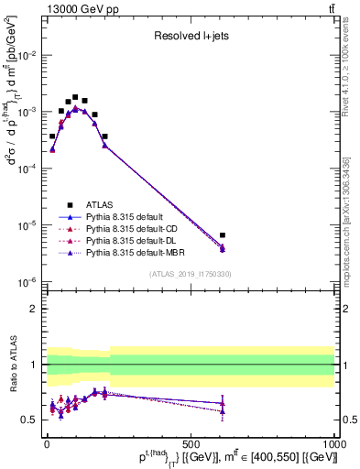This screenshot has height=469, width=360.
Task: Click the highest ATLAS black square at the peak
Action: [x=75, y=96]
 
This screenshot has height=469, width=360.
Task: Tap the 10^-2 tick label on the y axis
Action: [x=27, y=55]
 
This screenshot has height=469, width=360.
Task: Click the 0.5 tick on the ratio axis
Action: [x=29, y=420]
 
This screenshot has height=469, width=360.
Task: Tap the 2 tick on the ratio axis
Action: [x=34, y=309]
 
